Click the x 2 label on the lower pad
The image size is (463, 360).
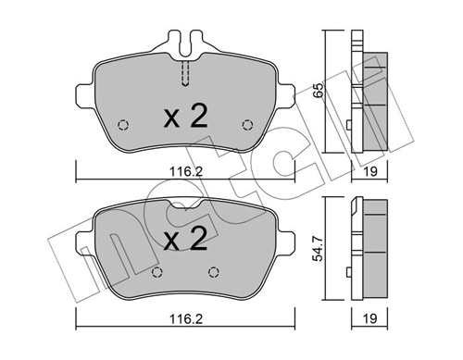(186, 242)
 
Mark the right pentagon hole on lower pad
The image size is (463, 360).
(215, 271)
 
